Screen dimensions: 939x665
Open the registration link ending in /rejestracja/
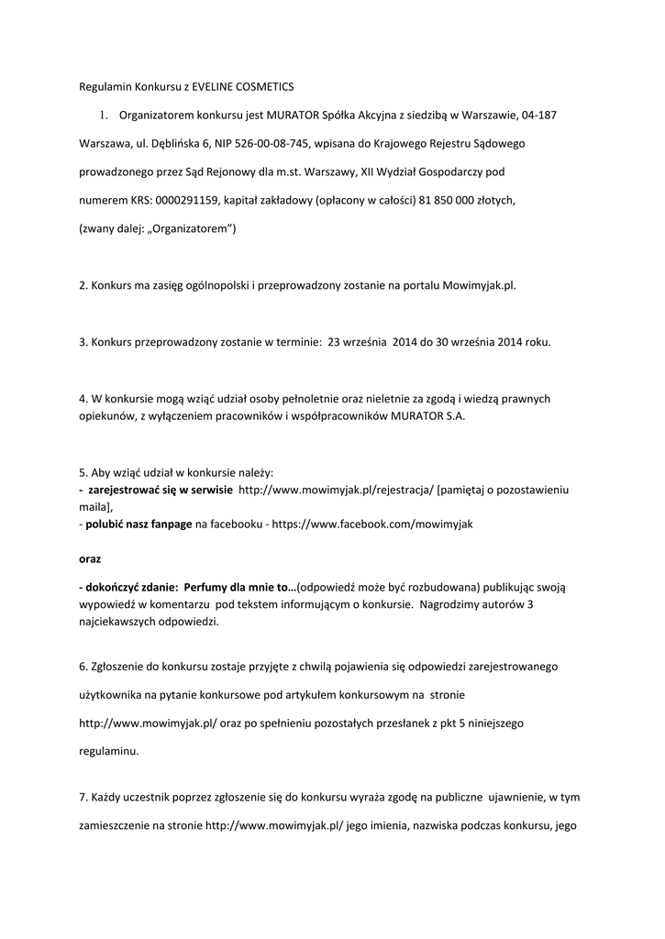336,491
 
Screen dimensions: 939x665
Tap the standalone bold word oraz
90,558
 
